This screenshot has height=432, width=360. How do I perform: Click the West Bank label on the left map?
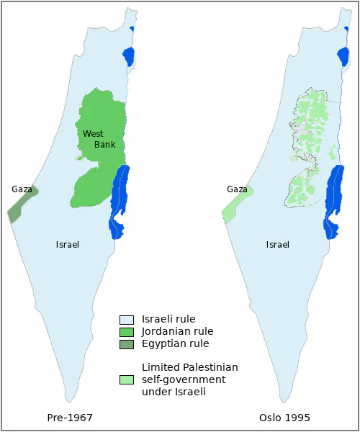coord(99,139)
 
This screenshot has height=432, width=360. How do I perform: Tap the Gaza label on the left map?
coord(22,189)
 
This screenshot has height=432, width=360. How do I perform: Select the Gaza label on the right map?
coord(237,189)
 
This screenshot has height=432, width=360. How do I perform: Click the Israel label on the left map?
coord(67,245)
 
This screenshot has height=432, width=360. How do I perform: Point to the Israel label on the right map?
coord(277,245)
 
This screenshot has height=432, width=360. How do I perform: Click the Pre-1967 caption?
coord(70,418)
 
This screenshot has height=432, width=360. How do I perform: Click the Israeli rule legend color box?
coord(127,319)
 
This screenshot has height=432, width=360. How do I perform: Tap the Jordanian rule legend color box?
coord(127,332)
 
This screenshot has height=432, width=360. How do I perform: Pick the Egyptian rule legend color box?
coord(127,344)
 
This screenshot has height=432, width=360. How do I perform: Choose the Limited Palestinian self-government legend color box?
coord(127,379)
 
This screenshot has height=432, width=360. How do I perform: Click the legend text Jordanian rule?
coord(178,332)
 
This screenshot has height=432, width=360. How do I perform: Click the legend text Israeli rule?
coord(168,319)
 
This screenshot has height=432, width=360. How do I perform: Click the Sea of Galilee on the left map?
coord(129,56)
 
